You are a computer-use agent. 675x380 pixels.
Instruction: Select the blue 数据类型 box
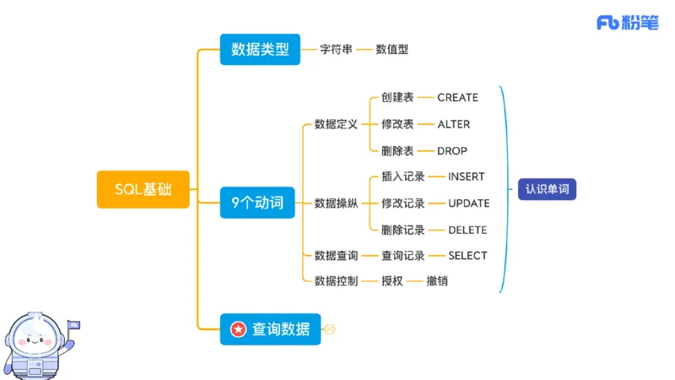click(x=260, y=50)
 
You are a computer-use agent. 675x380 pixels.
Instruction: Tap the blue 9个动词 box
click(x=257, y=203)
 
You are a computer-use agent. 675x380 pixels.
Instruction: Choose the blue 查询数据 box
click(x=270, y=328)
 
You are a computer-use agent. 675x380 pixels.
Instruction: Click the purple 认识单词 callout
click(x=547, y=189)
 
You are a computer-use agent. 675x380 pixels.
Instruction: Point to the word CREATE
click(x=457, y=98)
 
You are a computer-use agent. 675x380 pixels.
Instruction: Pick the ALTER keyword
click(x=454, y=124)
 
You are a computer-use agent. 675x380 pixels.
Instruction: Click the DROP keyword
click(x=452, y=151)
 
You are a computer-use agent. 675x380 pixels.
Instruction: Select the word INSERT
click(x=467, y=177)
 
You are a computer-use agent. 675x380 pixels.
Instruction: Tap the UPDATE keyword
click(x=468, y=204)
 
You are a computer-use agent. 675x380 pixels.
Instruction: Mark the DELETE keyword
click(x=467, y=230)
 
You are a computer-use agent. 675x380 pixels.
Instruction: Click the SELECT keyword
click(x=467, y=255)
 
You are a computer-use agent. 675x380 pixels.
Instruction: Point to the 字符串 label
click(x=337, y=50)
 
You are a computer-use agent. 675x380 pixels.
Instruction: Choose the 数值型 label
click(x=392, y=50)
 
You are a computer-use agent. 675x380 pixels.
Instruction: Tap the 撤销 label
click(x=437, y=280)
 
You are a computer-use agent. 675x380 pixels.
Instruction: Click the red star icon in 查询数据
click(x=239, y=328)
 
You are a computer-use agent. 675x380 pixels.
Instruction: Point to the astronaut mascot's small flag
click(x=73, y=324)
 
